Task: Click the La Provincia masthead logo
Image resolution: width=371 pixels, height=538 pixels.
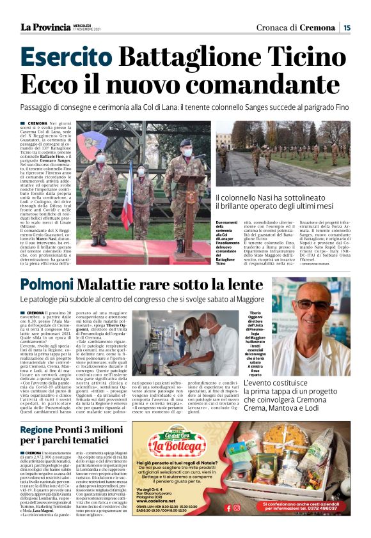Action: pos(45,27)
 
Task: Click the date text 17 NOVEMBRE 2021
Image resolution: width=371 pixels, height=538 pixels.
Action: pos(86,29)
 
